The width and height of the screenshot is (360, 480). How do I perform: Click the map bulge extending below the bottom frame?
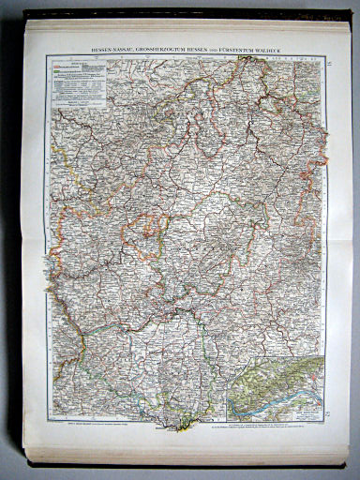(x=184, y=427)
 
